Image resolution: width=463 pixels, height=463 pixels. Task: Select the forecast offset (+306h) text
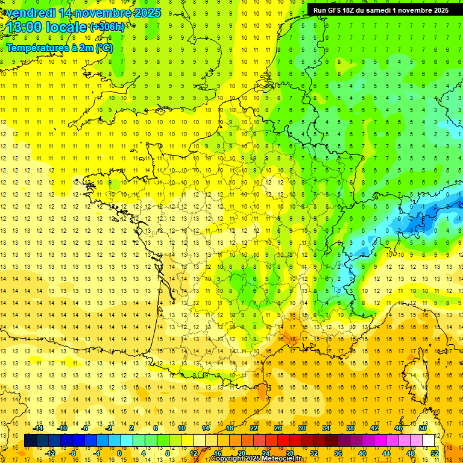click(107, 27)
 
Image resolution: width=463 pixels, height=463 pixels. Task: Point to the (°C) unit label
click(104, 48)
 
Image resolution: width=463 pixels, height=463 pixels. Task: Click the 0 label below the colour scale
click(119, 453)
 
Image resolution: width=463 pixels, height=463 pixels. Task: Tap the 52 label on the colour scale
click(435, 453)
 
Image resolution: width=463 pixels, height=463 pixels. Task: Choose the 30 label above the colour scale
click(301, 428)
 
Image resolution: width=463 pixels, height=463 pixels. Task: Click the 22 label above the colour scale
click(254, 428)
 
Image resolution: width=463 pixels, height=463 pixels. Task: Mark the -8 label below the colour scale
click(72, 453)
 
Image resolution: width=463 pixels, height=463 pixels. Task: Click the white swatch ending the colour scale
click(429, 441)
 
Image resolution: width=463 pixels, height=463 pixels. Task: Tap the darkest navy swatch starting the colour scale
click(30, 441)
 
